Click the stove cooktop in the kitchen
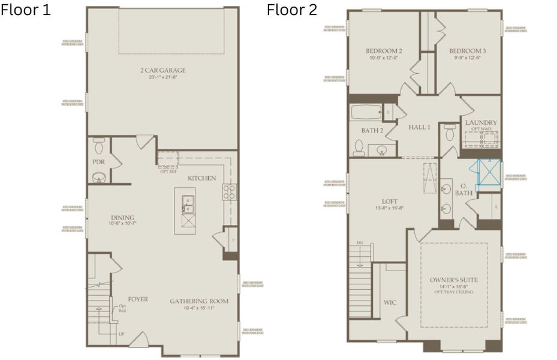228,192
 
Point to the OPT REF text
168,172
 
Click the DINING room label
122,217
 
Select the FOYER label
137,299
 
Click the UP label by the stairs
122,334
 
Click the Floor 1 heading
26,10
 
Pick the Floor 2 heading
292,10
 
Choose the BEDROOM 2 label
384,51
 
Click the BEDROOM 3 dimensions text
468,59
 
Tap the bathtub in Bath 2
365,112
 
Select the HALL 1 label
420,127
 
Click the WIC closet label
390,302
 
